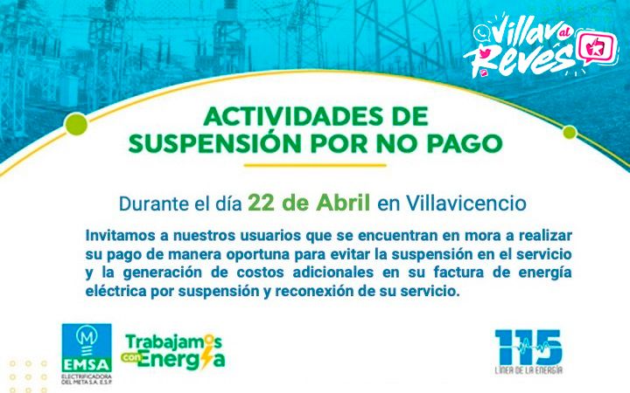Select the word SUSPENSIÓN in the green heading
[214, 143]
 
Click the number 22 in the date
[261, 203]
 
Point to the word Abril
[343, 203]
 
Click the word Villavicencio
[466, 203]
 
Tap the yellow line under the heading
[315, 165]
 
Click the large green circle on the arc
[76, 124]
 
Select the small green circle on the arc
[570, 132]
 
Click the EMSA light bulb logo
[87, 353]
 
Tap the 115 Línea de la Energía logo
[528, 351]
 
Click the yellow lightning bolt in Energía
[207, 355]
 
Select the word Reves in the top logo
[518, 58]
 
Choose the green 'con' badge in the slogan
[131, 356]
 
